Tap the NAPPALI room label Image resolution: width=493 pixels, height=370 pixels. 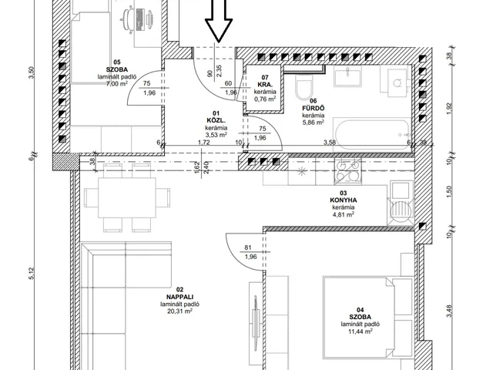tap(179, 297)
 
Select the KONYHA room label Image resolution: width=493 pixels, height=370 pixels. tap(344, 200)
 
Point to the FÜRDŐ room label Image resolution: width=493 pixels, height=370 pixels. tap(314, 108)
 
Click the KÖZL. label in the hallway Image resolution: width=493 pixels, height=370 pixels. tap(216, 120)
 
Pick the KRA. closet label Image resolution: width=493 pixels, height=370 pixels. tap(265, 85)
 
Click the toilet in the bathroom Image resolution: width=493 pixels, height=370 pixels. tap(304, 85)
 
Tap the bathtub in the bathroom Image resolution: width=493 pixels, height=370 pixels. tap(372, 134)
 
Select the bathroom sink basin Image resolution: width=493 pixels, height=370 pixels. tap(347, 77)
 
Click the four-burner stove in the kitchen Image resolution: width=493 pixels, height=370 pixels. tap(347, 172)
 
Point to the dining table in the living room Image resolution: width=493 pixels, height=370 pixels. tap(127, 198)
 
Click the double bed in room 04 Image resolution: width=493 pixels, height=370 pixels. tap(368, 318)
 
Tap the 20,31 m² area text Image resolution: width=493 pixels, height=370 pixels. tap(180, 311)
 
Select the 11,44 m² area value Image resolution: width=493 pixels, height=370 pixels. tap(361, 331)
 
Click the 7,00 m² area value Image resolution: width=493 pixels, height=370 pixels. tap(117, 84)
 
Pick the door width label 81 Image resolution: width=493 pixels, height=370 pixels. tap(248, 248)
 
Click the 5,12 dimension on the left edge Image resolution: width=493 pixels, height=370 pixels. tap(31, 273)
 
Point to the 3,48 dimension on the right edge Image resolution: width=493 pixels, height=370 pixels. tap(449, 311)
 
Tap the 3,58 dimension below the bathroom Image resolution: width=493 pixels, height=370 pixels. tap(330, 143)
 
